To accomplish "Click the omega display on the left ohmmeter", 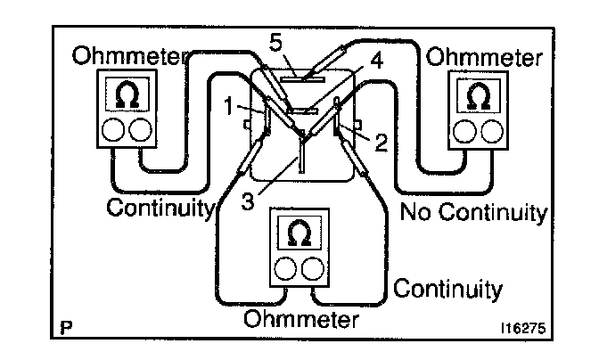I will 127,95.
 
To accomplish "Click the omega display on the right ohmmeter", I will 478,95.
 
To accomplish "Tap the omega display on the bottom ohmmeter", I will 300,234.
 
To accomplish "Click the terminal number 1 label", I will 228,106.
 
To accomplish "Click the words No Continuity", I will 472,213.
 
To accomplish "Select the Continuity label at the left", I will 161,209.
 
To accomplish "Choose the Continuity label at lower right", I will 447,290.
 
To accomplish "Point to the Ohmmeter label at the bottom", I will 301,318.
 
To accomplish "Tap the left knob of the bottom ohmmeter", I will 287,268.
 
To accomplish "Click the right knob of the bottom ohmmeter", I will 314,268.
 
